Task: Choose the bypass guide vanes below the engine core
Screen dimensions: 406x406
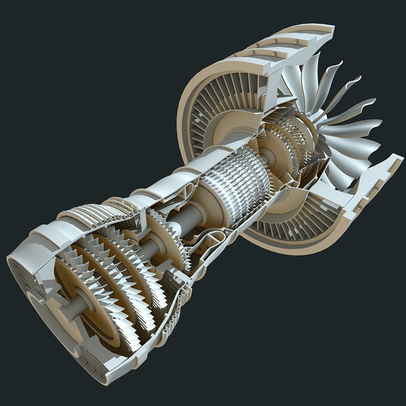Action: coord(293,226)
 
